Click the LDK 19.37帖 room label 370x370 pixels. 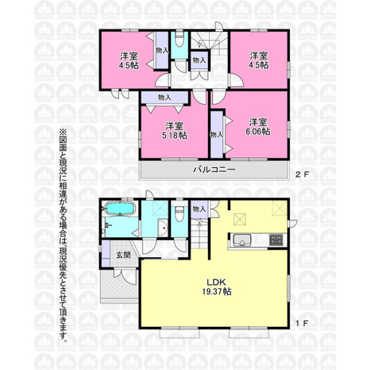[x=216, y=287]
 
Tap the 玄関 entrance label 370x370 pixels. [x=123, y=255]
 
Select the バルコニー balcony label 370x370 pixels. [x=214, y=170]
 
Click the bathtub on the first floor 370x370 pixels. [x=120, y=208]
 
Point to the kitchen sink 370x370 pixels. [x=242, y=240]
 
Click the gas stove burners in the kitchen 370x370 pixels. [x=276, y=240]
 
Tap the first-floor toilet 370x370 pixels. [x=179, y=214]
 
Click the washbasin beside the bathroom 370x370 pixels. [x=162, y=228]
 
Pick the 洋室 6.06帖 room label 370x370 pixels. [x=258, y=126]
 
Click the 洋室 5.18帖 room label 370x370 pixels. [x=175, y=131]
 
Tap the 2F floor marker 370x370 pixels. [x=302, y=175]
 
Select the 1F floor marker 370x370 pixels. [x=302, y=323]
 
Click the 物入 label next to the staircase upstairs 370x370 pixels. [x=199, y=60]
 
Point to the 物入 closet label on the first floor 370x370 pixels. [x=199, y=209]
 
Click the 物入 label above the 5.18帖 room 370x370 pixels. [x=165, y=97]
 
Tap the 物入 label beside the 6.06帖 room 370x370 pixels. [x=216, y=134]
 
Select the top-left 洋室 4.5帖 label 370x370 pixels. [x=129, y=60]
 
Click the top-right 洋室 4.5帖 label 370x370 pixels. [x=258, y=60]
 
